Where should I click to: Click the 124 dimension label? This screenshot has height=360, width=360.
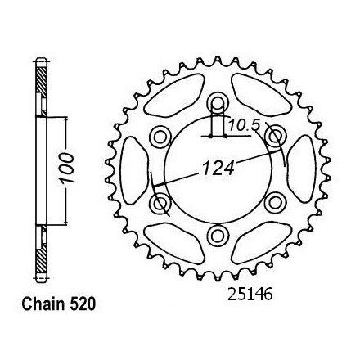point(218,168)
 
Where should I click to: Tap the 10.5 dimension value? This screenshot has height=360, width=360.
point(244,125)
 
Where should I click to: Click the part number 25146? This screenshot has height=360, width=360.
point(250,295)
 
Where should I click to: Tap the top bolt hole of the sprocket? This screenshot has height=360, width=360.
point(218,103)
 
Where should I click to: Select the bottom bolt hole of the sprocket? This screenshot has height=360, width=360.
point(218,236)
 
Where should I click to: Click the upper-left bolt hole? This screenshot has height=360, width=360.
point(160,136)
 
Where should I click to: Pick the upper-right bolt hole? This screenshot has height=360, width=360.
point(275,136)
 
